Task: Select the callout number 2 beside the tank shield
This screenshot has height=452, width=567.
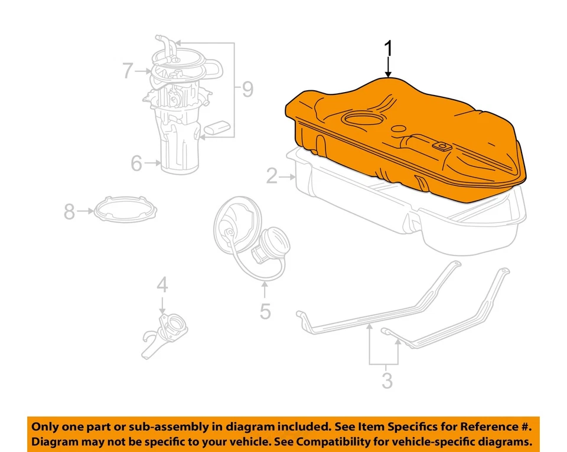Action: tap(272, 176)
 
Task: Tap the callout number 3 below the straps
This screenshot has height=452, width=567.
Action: tap(386, 381)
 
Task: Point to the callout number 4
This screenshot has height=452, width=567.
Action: tap(162, 286)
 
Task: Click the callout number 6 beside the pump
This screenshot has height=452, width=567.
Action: tap(137, 163)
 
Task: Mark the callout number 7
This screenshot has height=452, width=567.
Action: tap(128, 71)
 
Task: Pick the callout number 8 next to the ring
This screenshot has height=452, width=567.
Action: tap(70, 211)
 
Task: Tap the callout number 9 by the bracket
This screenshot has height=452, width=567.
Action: tap(246, 90)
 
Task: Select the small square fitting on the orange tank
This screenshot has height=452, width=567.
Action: tap(441, 145)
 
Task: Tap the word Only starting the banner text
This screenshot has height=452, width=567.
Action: tap(45, 427)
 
